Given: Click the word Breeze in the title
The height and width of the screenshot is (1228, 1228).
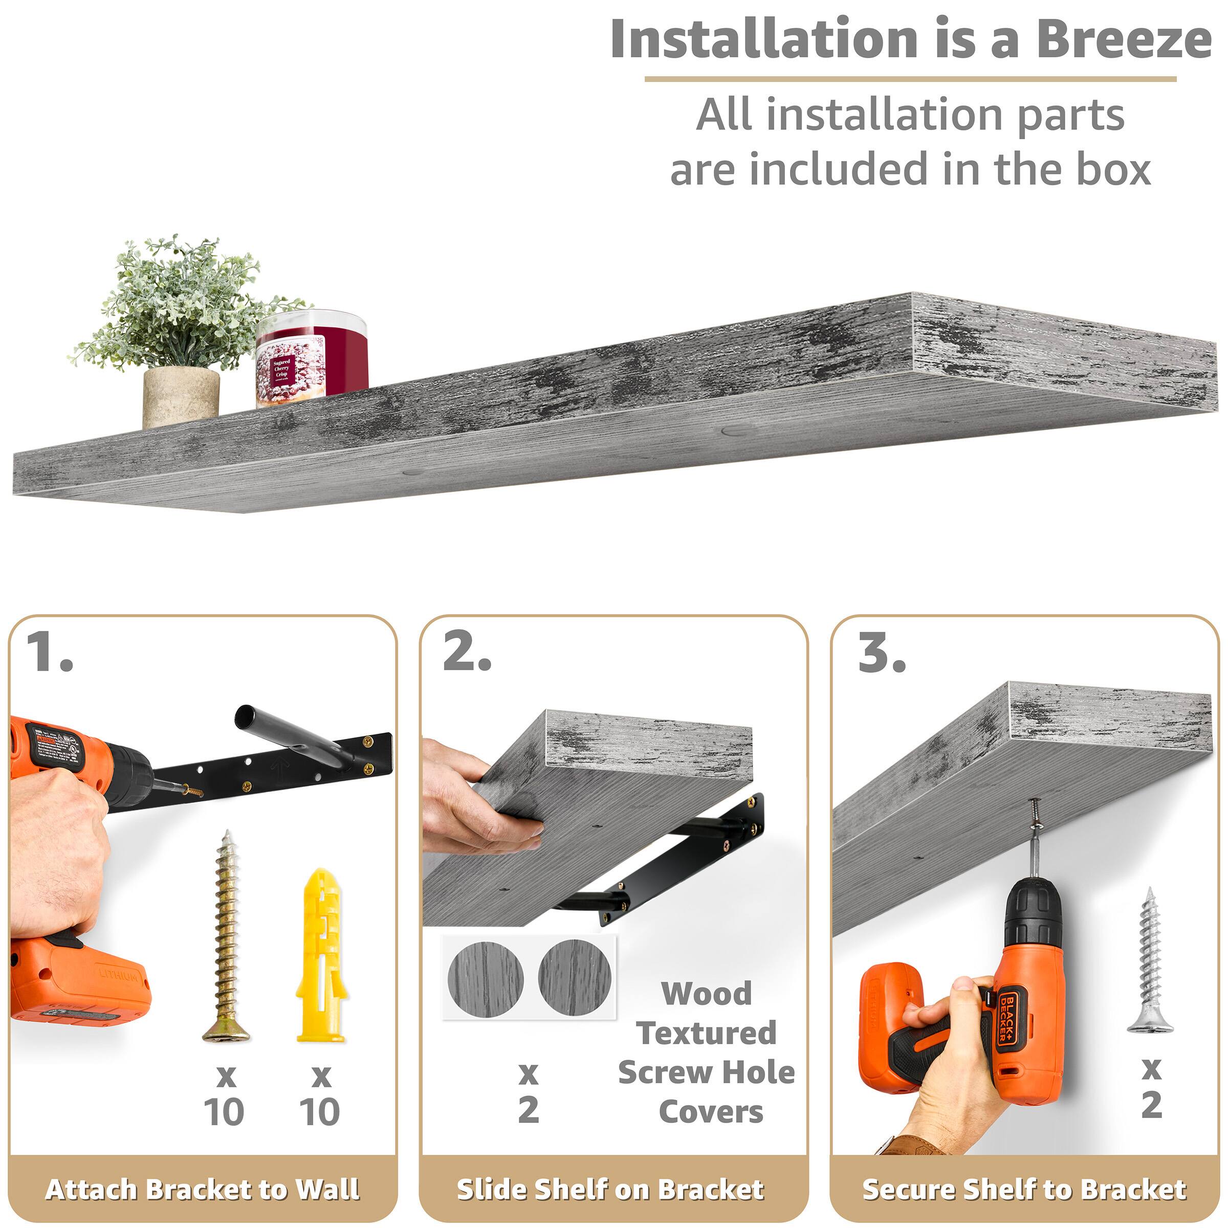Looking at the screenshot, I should [1123, 39].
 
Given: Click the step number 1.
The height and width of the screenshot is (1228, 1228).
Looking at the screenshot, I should [50, 653].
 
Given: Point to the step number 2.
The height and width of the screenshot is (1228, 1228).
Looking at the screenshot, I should [467, 653].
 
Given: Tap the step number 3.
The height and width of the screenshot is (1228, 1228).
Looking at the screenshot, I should [882, 653].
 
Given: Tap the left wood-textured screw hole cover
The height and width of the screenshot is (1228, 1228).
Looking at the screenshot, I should [485, 978].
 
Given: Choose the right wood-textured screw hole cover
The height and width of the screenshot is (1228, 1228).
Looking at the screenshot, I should [575, 977].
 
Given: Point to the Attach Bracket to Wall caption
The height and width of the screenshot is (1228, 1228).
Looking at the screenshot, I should [202, 1189].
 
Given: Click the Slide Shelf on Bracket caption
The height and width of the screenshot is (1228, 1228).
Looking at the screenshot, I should [610, 1189].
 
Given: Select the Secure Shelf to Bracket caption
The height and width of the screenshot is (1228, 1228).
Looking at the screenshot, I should [1024, 1189].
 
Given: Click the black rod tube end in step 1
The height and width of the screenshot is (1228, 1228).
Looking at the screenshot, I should [248, 718].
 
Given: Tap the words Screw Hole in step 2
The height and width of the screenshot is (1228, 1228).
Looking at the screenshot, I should [706, 1072].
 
